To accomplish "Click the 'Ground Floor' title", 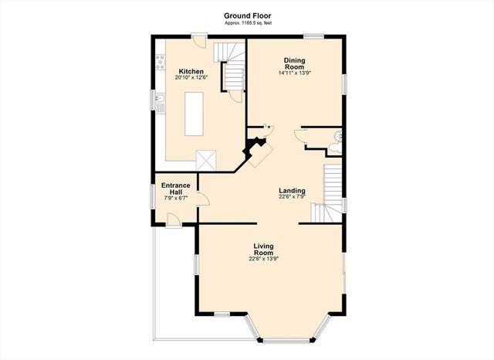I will click(247, 15).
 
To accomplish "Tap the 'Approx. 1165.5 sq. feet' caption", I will click(247, 23).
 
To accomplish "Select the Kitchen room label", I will click(191, 71).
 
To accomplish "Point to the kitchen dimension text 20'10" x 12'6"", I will click(191, 77).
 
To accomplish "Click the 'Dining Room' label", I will click(294, 63).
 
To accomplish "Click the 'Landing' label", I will click(292, 191).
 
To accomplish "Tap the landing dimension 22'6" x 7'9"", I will click(292, 197).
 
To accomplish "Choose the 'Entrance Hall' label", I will click(176, 188).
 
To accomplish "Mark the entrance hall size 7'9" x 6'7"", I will click(176, 199).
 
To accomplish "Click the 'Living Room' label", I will click(263, 250).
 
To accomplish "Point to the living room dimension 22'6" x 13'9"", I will click(263, 260).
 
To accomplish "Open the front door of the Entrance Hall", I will click(174, 222).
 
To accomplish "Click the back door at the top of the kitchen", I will click(198, 38).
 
